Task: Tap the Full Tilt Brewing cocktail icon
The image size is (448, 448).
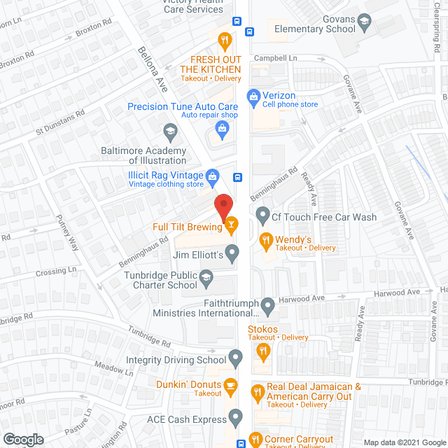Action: coord(231,225)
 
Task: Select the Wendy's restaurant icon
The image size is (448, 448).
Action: coord(265,242)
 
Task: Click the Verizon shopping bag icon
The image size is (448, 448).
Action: coord(253,95)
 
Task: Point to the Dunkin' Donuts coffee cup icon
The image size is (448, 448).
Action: coord(230,385)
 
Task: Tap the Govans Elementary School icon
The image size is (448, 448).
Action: coord(364,22)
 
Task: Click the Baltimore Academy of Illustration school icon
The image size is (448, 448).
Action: coord(170,130)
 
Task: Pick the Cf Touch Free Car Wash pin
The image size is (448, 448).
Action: coord(263,213)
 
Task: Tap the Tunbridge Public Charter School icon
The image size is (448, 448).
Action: coord(206,280)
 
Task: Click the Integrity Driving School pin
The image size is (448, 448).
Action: coord(236,360)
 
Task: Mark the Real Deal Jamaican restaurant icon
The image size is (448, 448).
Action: coord(257,392)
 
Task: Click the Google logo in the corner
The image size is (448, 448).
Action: coord(22,439)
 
